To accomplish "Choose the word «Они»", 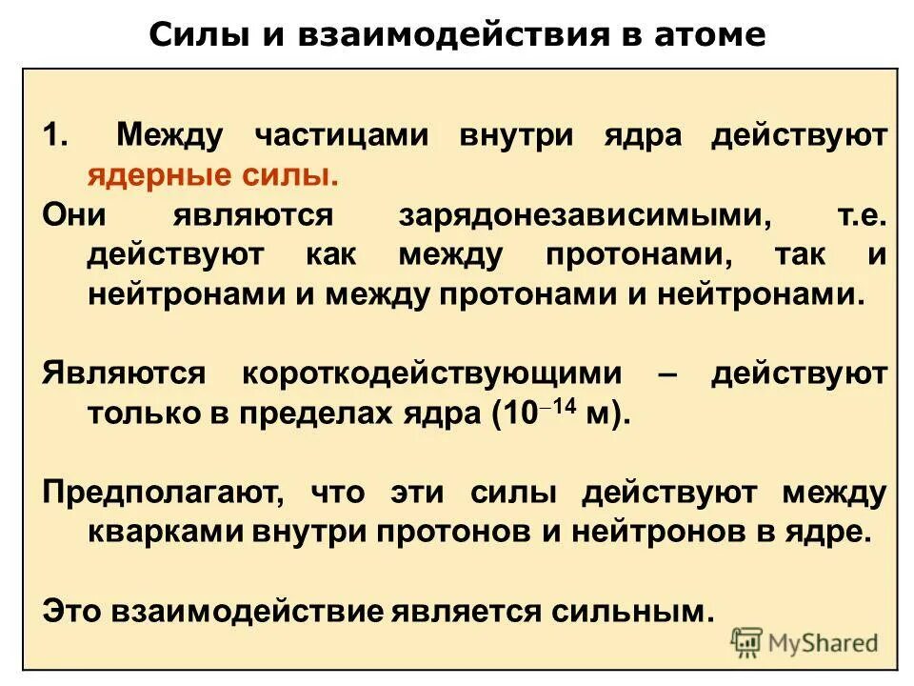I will (x=74, y=215).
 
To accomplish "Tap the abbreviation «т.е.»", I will (x=862, y=215).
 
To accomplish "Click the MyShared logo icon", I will (x=747, y=643).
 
